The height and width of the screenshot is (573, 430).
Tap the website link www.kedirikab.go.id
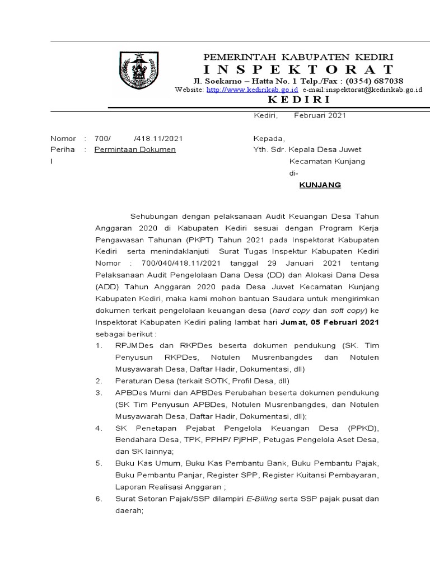(x=252, y=90)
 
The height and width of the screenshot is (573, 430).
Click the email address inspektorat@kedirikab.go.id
(x=362, y=90)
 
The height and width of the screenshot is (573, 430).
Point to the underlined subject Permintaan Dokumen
(x=135, y=149)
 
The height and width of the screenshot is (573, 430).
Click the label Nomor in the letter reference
(x=63, y=138)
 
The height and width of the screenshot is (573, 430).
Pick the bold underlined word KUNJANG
(x=320, y=185)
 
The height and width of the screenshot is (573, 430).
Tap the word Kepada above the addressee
(x=269, y=138)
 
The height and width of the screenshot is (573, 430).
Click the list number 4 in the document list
(x=98, y=428)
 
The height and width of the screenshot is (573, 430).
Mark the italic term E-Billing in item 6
(x=262, y=499)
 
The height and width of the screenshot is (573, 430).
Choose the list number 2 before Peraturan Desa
(x=98, y=381)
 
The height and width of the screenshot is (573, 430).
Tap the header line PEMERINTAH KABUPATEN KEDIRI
(x=298, y=58)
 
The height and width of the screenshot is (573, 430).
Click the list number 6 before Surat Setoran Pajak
(x=98, y=499)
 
